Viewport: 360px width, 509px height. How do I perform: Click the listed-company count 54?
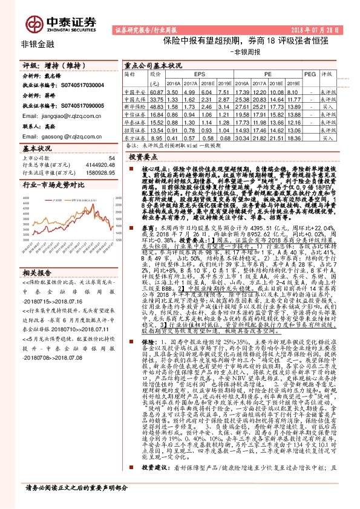click(111, 157)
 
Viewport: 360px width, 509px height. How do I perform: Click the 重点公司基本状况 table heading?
click(153, 65)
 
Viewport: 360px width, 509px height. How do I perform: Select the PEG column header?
click(310, 74)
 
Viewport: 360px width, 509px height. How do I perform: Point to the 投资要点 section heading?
click(143, 157)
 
